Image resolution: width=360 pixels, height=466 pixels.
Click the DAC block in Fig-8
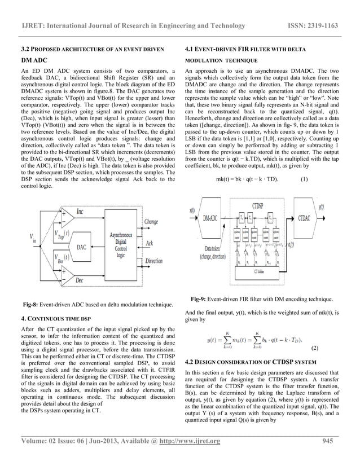coord(81,247)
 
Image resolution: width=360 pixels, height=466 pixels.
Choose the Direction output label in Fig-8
coord(154,261)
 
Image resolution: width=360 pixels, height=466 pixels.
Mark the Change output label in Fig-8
coord(151,222)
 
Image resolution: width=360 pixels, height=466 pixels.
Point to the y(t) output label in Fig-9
coord(321,207)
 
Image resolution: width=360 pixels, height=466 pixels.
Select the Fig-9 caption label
coord(201,298)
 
